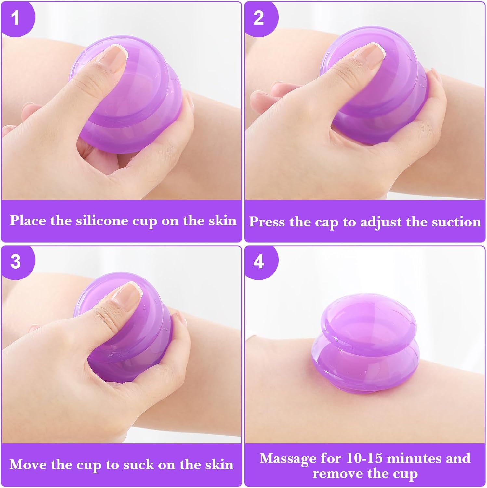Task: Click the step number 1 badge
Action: [x=16, y=18]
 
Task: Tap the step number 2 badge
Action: [x=259, y=18]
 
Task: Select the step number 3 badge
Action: [x=16, y=262]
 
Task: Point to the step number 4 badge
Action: [x=259, y=262]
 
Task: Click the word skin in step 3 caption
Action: [x=219, y=464]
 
